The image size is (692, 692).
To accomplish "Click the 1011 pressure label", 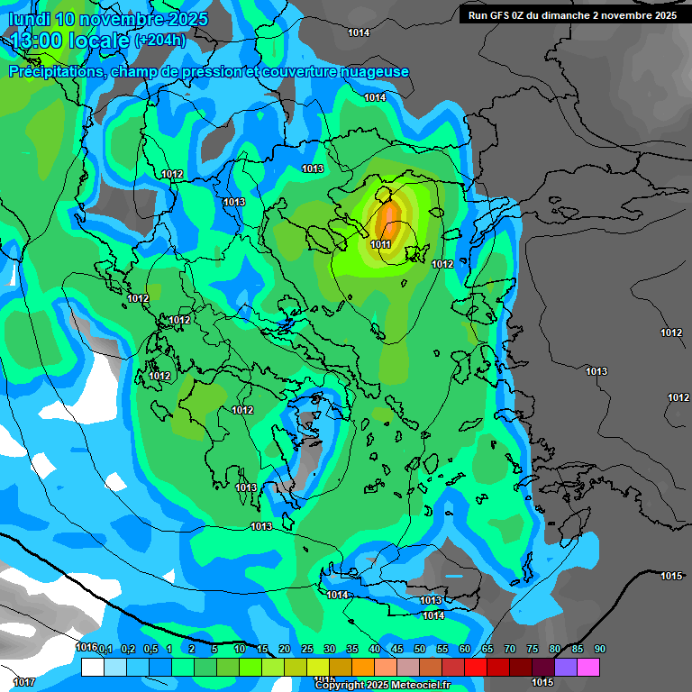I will coord(380,244).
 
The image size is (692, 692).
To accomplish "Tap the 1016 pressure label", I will coord(86,648).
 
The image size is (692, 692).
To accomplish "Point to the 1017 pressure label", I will coord(24,682).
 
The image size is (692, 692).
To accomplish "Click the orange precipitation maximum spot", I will coord(388,219).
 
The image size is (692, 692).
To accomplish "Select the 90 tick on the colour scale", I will coord(599,649).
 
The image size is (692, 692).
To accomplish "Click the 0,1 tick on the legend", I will coord(105,649).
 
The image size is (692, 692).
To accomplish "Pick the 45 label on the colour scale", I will coord(397,649).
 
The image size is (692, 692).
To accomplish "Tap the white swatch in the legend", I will coord(92,667).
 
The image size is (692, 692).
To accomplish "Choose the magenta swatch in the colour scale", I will coord(588,667).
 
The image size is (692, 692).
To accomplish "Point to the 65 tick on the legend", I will coord(487,649).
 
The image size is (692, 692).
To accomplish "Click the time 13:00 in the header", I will coord(46,41).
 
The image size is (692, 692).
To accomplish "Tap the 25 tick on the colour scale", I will coord(307,649).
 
